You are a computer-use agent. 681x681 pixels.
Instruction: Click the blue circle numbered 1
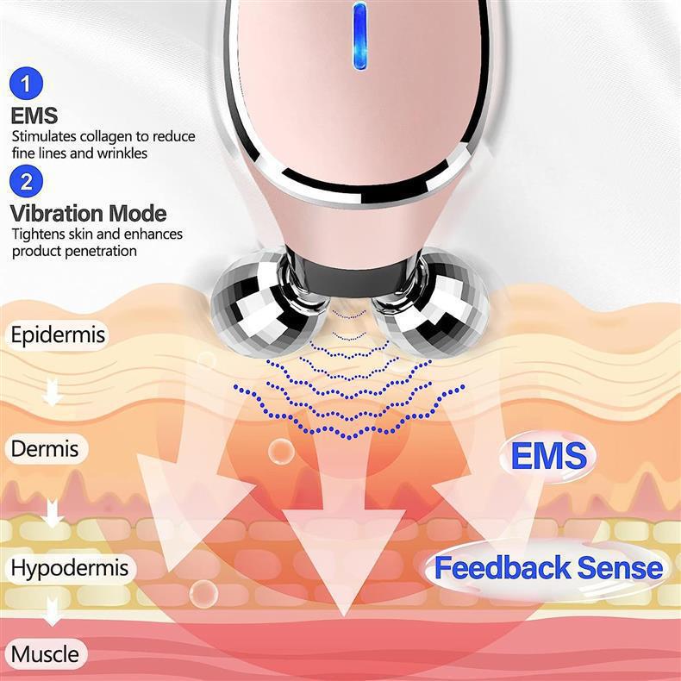click(28, 84)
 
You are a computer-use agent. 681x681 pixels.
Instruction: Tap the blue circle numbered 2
click(28, 182)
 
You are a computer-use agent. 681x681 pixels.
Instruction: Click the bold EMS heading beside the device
click(34, 115)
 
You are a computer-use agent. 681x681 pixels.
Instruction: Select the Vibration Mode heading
click(89, 213)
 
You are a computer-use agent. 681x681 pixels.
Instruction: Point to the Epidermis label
click(58, 334)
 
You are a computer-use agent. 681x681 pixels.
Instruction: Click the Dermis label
click(45, 449)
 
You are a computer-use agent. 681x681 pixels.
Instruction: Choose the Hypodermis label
click(69, 568)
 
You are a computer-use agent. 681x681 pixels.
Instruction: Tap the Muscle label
click(45, 653)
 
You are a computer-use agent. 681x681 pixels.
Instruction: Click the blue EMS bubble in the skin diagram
click(548, 456)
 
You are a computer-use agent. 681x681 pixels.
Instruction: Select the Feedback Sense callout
click(548, 568)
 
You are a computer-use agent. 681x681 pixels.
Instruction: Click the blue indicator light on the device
click(360, 35)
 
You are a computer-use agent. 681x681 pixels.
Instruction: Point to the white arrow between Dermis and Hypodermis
click(53, 512)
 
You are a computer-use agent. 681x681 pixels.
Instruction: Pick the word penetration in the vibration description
click(99, 251)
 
